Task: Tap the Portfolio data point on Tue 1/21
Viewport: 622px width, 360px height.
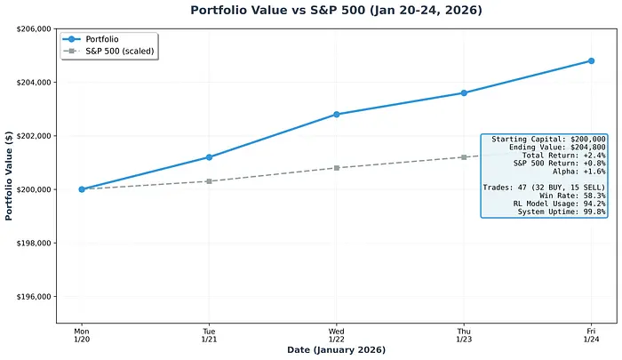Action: click(209, 157)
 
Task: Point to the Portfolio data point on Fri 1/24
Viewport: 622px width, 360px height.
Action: click(591, 61)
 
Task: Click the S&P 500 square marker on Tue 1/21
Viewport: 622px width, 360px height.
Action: click(209, 181)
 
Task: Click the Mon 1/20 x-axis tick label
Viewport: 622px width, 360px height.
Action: click(82, 335)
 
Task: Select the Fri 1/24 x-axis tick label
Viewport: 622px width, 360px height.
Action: click(591, 335)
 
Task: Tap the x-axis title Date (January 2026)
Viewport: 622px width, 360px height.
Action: click(336, 350)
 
